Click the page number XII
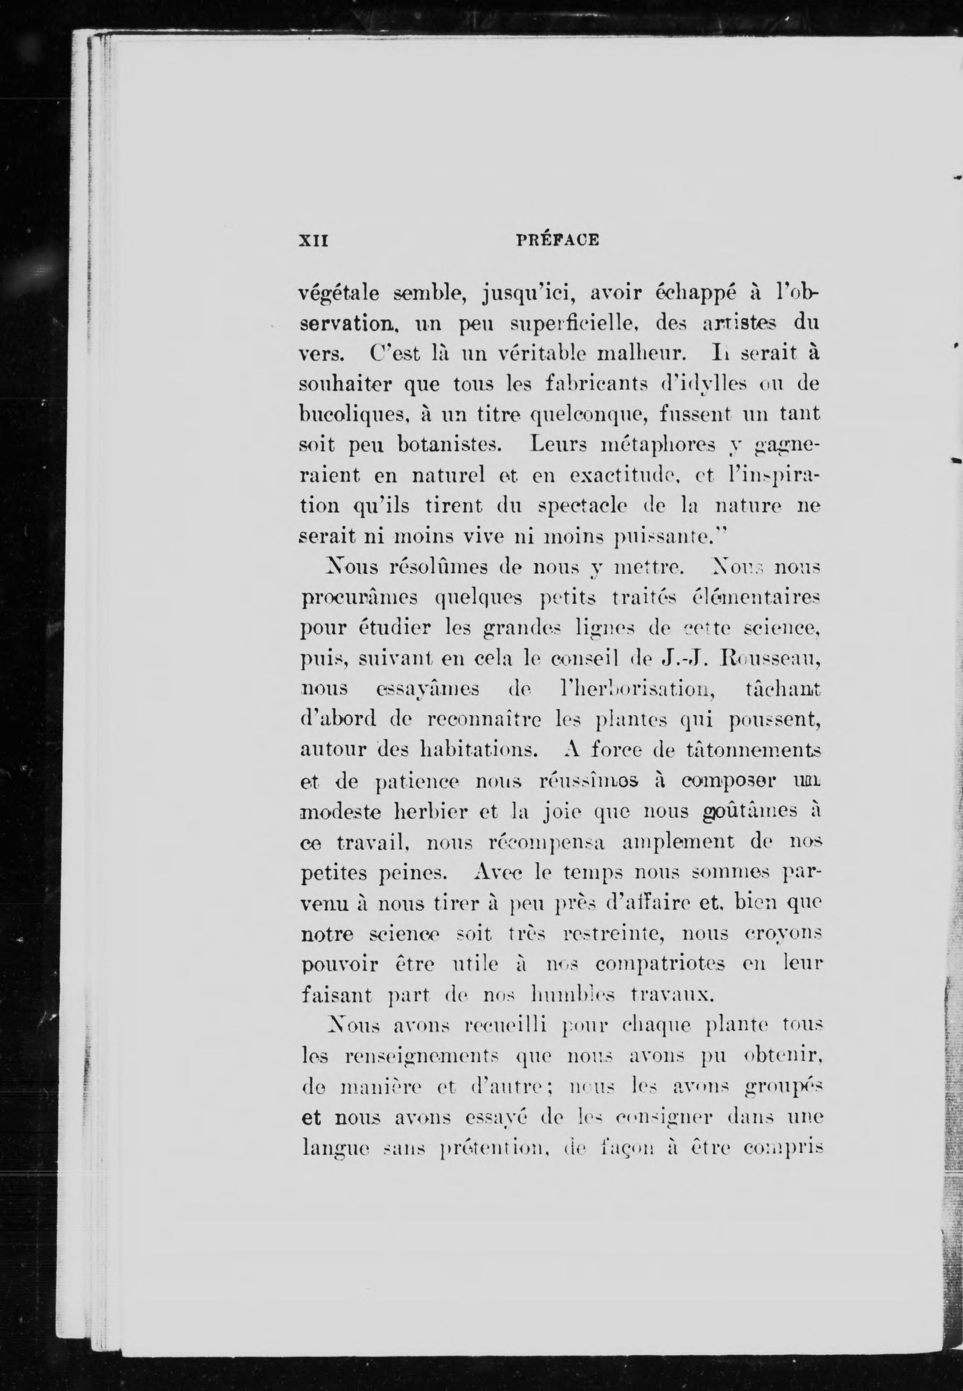point(313,240)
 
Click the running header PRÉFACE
point(557,240)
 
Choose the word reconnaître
point(477,719)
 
